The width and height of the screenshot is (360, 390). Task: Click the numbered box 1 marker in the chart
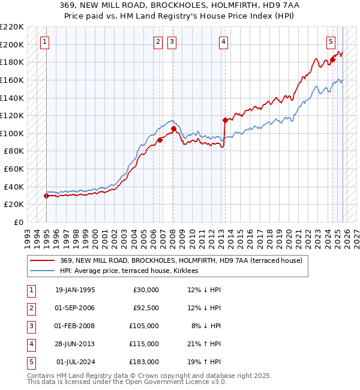(x=46, y=41)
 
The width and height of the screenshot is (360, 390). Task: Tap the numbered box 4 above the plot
(x=223, y=41)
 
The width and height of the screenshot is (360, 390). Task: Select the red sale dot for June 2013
(x=224, y=120)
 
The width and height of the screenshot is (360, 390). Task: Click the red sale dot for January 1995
(x=46, y=196)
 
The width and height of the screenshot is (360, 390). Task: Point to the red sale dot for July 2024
(x=332, y=59)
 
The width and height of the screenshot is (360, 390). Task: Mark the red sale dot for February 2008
(x=173, y=128)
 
